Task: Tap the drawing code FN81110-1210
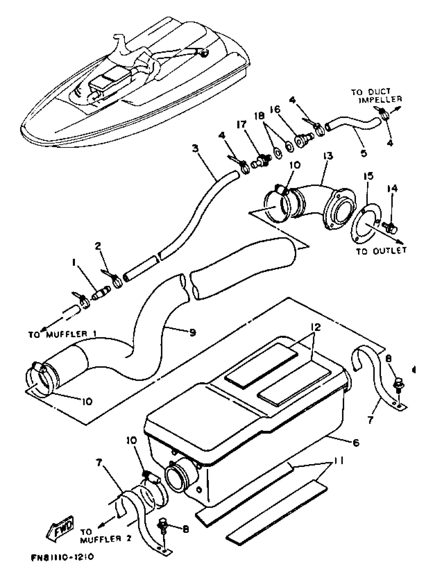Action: [x=62, y=564]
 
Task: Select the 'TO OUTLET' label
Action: [x=381, y=251]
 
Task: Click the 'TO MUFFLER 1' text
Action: [x=62, y=334]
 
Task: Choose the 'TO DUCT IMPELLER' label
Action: [x=376, y=96]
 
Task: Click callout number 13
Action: [x=328, y=156]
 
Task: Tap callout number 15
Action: [x=368, y=176]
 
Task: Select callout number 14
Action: [x=392, y=189]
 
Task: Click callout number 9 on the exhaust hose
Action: [x=193, y=333]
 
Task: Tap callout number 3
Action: [x=195, y=148]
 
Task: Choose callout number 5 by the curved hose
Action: [x=364, y=153]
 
